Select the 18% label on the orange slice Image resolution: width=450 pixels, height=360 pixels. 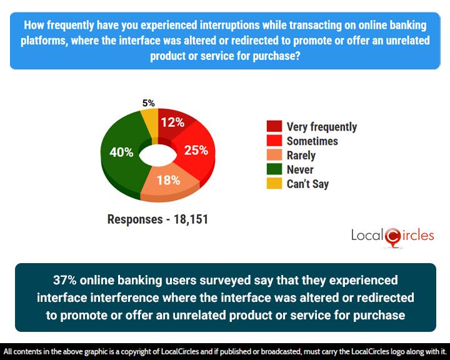click(168, 181)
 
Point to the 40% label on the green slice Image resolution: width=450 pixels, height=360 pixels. click(122, 152)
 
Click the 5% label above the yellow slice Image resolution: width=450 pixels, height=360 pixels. click(149, 103)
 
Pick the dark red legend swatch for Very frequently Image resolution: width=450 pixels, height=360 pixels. click(273, 127)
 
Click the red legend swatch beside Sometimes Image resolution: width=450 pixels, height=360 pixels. click(273, 141)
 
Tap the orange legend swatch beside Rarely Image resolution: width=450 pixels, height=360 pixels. click(273, 156)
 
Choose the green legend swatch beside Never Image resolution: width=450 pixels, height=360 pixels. click(273, 170)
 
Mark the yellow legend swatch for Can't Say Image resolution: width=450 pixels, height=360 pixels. click(273, 184)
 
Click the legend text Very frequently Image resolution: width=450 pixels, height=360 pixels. click(321, 127)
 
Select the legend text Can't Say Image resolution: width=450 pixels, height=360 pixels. click(307, 184)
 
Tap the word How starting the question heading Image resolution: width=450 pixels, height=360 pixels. click(34, 25)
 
